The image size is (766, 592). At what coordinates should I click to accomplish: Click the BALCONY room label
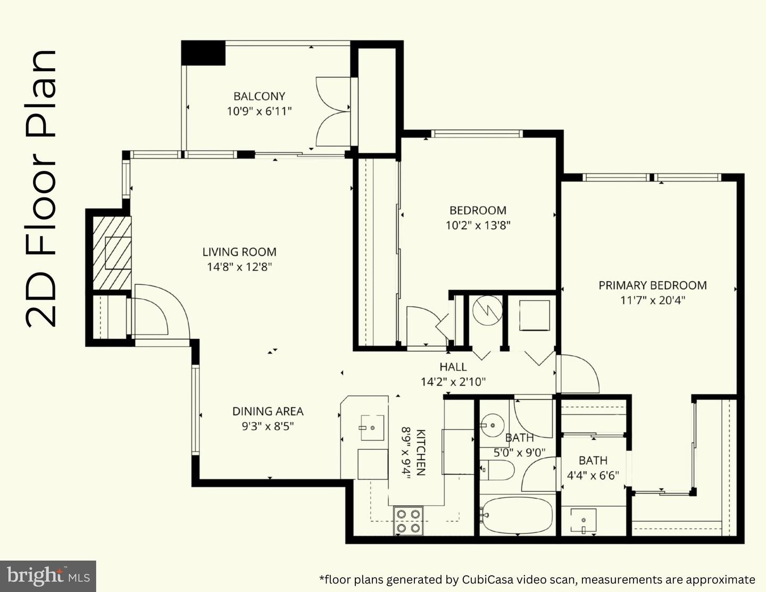click(259, 96)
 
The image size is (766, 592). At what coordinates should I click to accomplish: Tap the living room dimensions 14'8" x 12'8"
click(239, 267)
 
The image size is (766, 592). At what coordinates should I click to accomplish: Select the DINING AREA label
click(268, 411)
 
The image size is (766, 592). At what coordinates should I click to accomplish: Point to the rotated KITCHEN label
click(421, 453)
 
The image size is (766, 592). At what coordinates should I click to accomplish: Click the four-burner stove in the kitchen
click(408, 520)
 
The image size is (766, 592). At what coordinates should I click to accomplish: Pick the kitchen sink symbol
click(372, 427)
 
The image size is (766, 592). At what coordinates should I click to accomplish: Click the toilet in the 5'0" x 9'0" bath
click(497, 470)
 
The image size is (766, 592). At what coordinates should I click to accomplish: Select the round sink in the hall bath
click(493, 425)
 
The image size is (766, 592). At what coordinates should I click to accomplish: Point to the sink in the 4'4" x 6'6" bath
click(584, 520)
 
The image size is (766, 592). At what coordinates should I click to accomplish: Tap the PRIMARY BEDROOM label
click(653, 285)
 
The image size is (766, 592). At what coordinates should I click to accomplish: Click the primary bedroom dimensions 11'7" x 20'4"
click(653, 301)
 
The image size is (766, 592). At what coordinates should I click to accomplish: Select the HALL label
click(453, 367)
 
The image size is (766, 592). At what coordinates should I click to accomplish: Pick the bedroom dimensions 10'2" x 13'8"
click(478, 225)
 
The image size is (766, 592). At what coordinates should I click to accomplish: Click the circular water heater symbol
click(487, 310)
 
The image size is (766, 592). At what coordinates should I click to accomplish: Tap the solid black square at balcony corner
click(203, 53)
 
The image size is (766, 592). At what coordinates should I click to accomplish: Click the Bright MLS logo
click(48, 576)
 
